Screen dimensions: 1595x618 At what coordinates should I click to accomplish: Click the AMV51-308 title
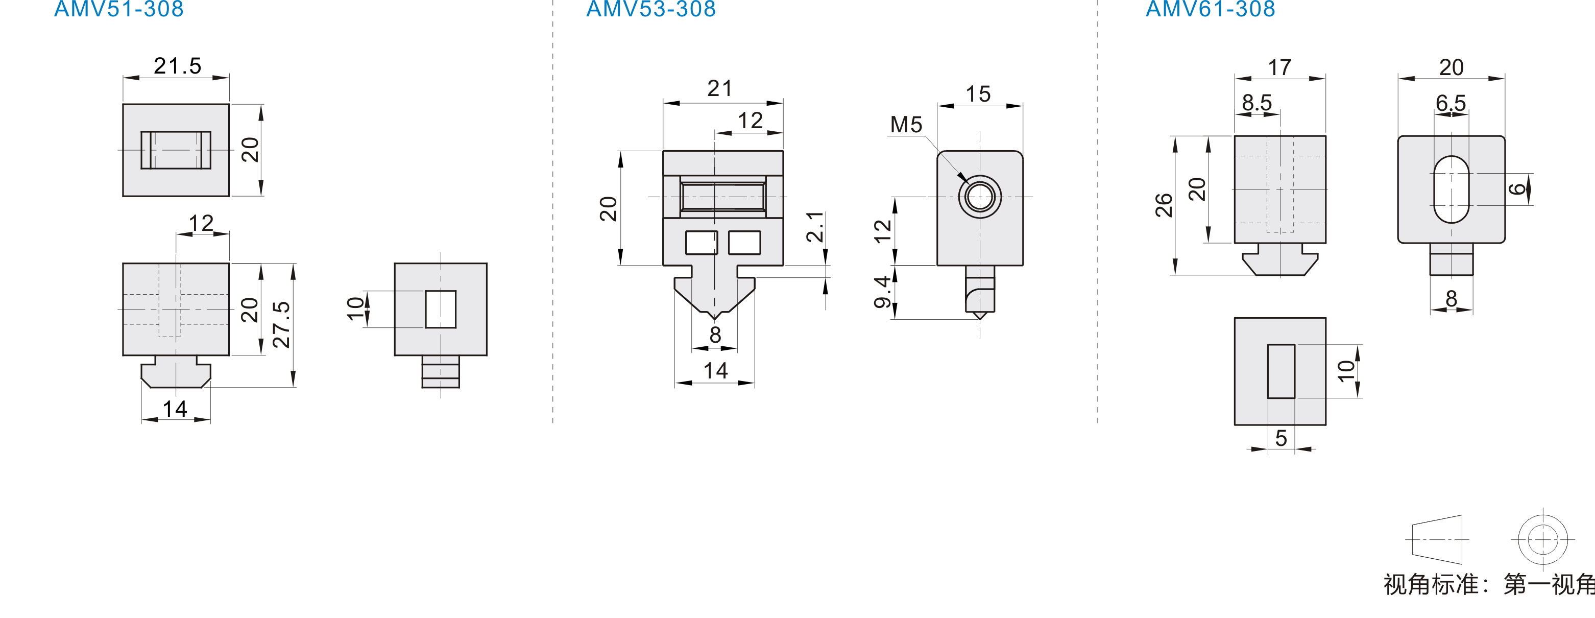pos(119,9)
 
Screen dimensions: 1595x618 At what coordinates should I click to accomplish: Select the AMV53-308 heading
pos(651,9)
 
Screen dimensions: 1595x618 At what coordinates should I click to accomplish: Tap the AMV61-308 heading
pos(1211,9)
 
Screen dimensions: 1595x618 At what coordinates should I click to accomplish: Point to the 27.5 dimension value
pos(281,324)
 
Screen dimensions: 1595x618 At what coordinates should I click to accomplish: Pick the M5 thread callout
pos(906,125)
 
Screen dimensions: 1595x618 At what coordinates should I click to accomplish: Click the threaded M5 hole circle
pos(980,197)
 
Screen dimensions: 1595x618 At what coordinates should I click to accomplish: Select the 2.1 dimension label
pos(815,227)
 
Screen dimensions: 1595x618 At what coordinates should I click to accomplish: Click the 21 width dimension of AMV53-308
pos(719,88)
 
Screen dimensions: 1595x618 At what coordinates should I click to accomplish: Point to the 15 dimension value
pos(978,94)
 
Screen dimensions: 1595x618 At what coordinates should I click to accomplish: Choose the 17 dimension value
pos(1280,67)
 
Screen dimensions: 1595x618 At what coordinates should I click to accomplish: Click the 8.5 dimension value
pos(1257,102)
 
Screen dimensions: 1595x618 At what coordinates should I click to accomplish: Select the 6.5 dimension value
pos(1451,102)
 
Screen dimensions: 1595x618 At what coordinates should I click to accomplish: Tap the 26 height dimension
pos(1164,205)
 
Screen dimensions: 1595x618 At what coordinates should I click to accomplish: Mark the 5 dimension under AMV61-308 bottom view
pos(1281,438)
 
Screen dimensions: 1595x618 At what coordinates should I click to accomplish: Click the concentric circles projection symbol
pos(1542,539)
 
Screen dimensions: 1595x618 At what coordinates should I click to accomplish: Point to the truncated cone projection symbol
pos(1437,539)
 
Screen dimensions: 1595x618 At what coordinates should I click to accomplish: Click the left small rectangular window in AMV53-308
pos(702,243)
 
